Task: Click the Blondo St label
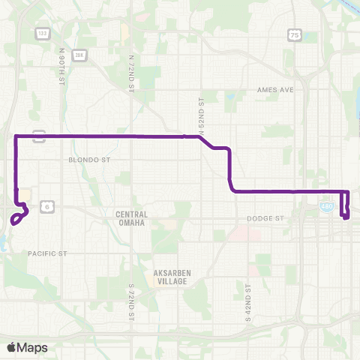pos(89,160)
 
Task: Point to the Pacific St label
pos(47,254)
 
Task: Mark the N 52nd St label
pos(201,111)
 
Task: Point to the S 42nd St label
pos(247,299)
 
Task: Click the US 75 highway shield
pos(295,34)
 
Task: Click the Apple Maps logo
pos(26,347)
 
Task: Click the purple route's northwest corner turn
pos(16,136)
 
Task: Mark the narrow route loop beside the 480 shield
pos(346,204)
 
